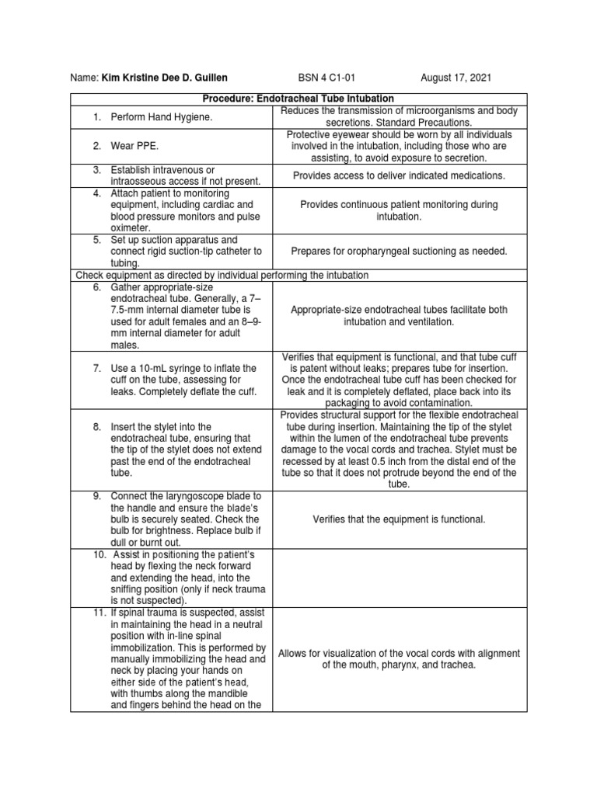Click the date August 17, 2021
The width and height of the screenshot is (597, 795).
(x=456, y=78)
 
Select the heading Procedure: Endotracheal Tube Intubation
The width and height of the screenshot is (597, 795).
(x=298, y=99)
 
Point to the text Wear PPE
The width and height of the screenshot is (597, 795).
(x=135, y=146)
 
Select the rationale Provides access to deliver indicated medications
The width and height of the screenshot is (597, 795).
(x=399, y=176)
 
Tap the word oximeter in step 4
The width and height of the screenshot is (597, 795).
(x=131, y=227)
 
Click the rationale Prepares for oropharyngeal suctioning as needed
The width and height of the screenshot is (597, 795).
(x=399, y=252)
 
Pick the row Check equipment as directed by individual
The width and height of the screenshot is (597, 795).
(x=221, y=275)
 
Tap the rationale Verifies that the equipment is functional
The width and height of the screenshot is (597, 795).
(x=399, y=519)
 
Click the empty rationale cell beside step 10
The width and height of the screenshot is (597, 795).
(x=399, y=576)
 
